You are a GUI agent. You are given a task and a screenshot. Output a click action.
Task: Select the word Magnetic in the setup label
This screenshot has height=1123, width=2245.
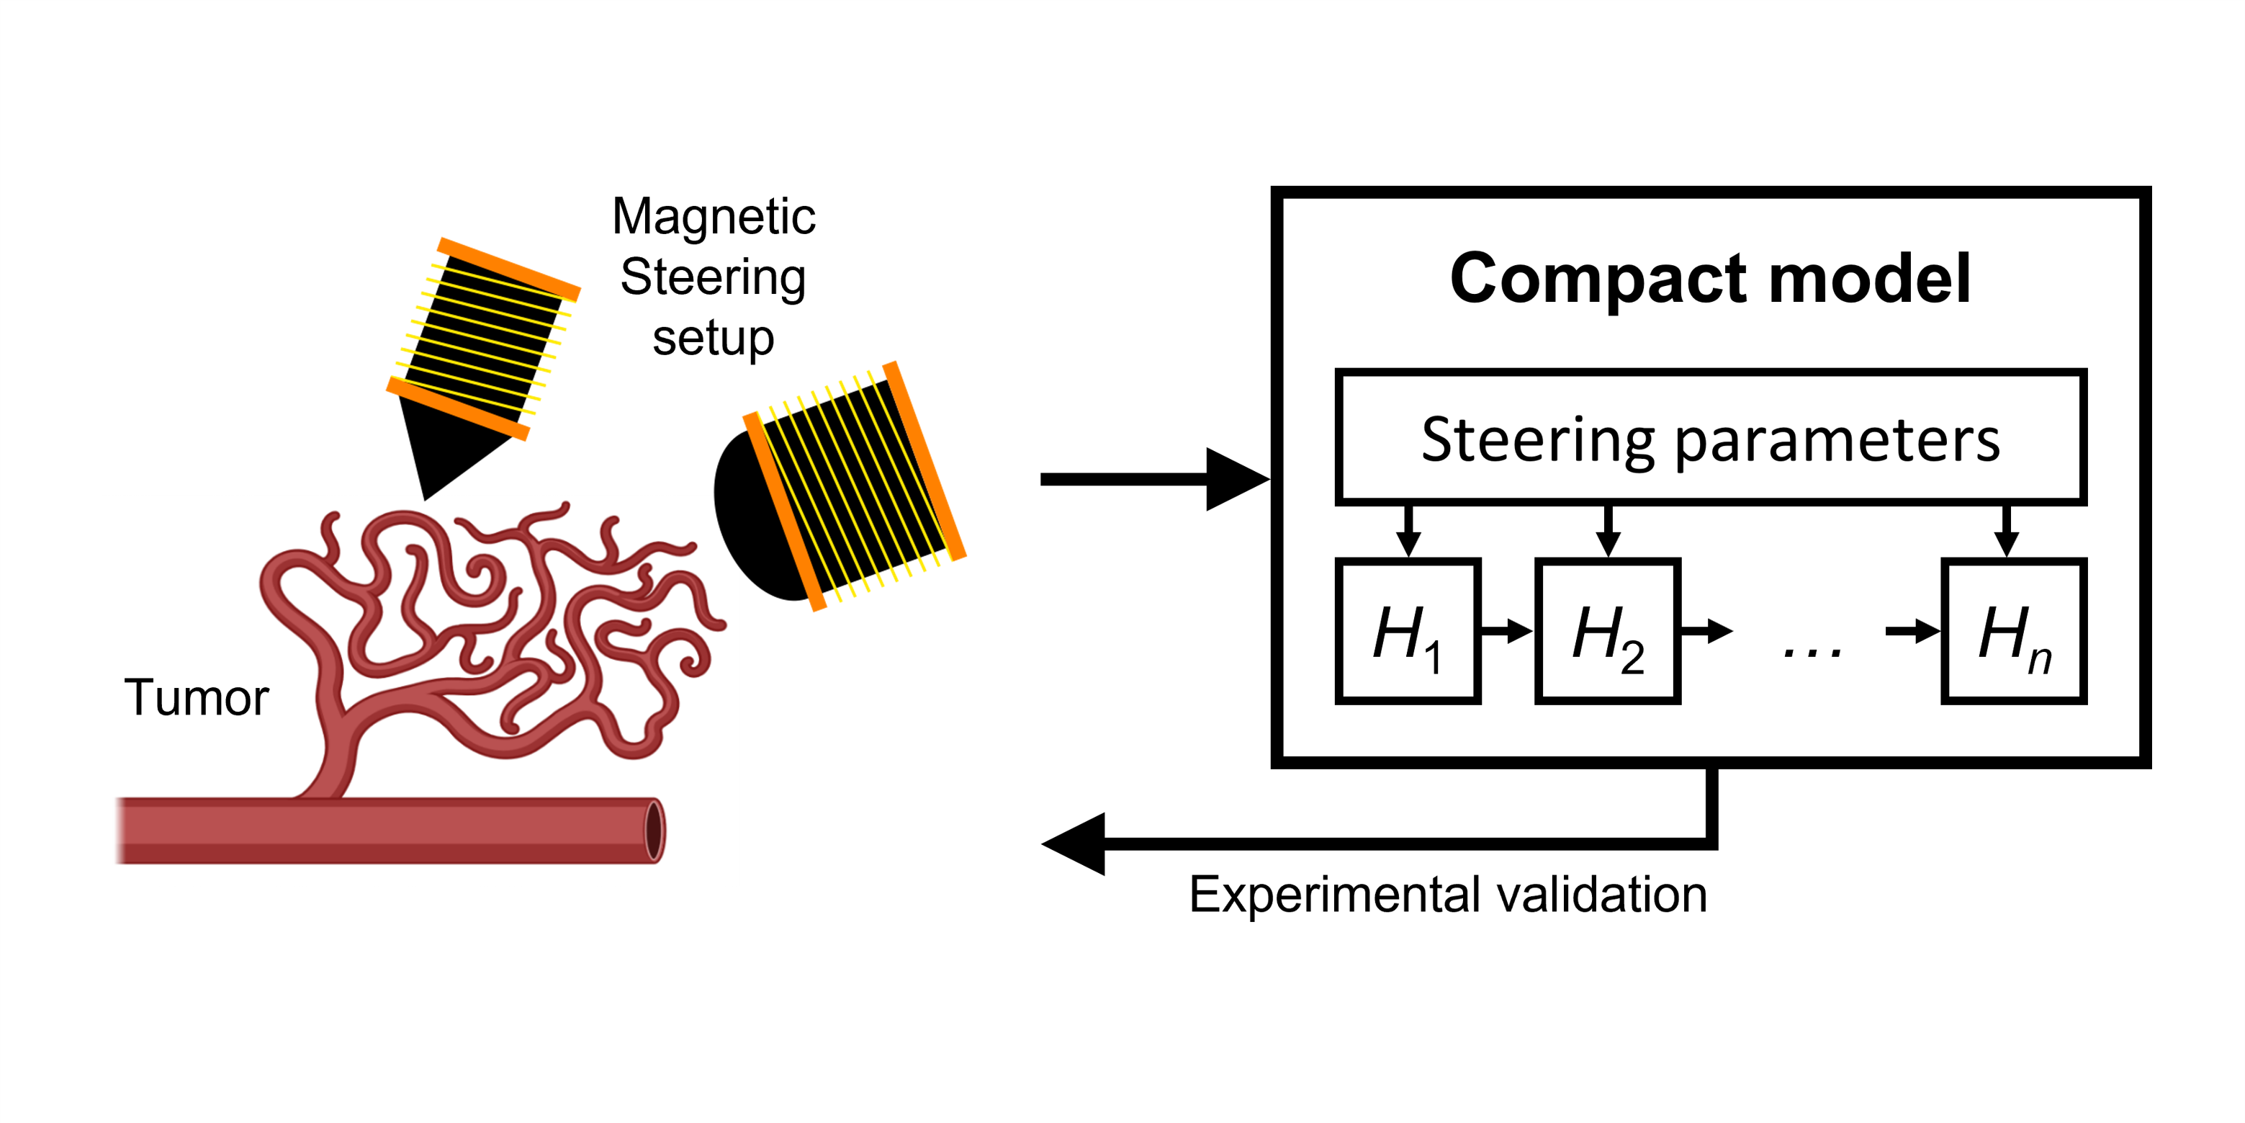[x=713, y=216]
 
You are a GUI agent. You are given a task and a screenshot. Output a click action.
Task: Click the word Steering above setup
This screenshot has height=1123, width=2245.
[x=713, y=277]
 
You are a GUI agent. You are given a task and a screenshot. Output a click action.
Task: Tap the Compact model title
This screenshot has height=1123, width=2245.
[x=1710, y=279]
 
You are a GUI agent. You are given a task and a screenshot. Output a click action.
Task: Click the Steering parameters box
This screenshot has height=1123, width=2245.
[x=1710, y=438]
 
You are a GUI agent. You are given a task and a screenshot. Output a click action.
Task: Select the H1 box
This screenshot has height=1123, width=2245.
[x=1408, y=631]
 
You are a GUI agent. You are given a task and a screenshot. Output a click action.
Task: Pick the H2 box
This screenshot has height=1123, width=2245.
[x=1607, y=631]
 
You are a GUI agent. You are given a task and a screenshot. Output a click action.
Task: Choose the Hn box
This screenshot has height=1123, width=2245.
[x=2013, y=631]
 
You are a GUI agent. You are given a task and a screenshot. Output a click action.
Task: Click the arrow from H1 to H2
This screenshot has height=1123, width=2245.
[x=1507, y=630]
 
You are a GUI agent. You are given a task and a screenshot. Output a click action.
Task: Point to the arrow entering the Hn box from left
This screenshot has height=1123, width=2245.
[x=1914, y=630]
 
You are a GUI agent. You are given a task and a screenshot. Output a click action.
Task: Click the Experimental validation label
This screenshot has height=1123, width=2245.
[x=1447, y=895]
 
